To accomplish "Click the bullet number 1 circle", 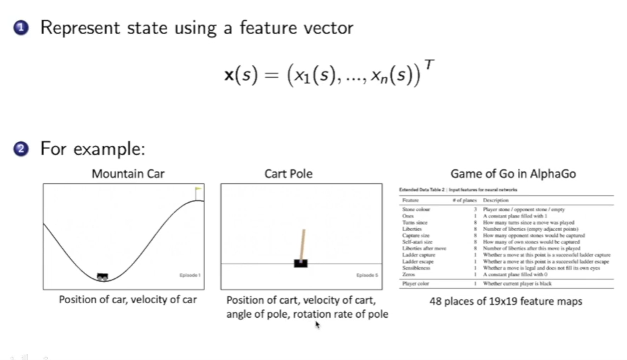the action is (21, 28).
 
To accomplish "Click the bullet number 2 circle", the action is (21, 149).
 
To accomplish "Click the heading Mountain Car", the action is (128, 175).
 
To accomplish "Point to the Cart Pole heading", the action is (288, 175).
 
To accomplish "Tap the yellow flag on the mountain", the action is (198, 191).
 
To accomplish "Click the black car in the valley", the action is (102, 276).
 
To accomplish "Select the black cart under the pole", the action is (300, 263).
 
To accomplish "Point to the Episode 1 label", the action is (189, 275).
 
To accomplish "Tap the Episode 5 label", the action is (367, 275).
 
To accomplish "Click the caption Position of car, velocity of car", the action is (128, 300).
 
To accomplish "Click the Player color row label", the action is (415, 284).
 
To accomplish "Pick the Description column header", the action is (495, 200).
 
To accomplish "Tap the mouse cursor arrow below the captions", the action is (318, 325).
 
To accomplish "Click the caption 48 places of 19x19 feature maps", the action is (505, 301).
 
